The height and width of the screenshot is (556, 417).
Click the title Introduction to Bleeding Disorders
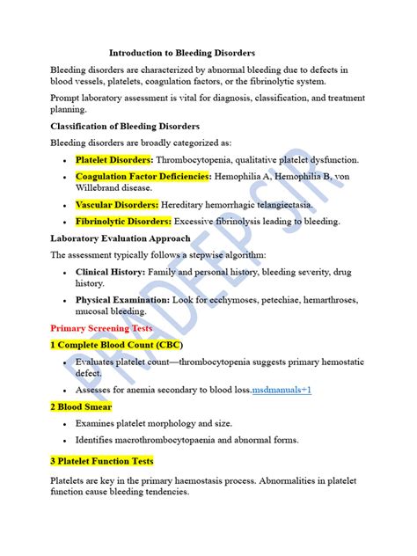[x=182, y=53]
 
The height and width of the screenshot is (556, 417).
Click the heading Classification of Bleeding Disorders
[x=125, y=126]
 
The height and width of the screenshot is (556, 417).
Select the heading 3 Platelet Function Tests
[x=102, y=461]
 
